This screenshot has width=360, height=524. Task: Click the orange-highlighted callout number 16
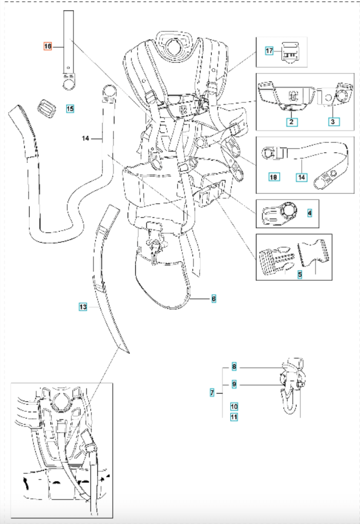pos(48,46)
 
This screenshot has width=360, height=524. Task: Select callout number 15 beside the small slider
pos(70,109)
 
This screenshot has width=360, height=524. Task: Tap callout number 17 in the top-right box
pos(269,51)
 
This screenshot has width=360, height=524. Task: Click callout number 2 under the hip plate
pos(292,122)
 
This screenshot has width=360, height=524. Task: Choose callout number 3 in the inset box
pos(333,122)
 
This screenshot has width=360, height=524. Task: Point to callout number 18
pos(274,177)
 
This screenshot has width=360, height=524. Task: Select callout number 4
pos(309,213)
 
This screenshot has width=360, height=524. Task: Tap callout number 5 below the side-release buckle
pos(300,275)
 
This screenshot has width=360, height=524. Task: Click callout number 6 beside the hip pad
pos(214,299)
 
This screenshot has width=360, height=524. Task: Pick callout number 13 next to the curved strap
pos(83,307)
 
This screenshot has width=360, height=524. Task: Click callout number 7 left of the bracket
pos(212,392)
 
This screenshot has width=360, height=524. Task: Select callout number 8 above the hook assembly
pos(234,367)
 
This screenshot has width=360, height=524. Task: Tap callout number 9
pos(234,384)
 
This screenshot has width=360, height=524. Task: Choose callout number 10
pos(234,406)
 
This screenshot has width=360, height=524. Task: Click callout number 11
pos(234,417)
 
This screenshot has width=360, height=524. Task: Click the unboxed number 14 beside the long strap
pos(86,138)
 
